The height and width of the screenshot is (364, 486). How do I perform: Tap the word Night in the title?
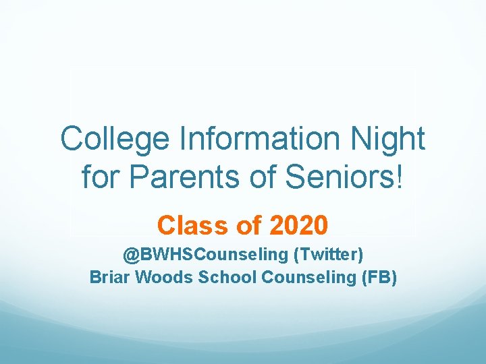coord(390,140)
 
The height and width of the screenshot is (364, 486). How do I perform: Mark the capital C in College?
coord(70,140)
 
